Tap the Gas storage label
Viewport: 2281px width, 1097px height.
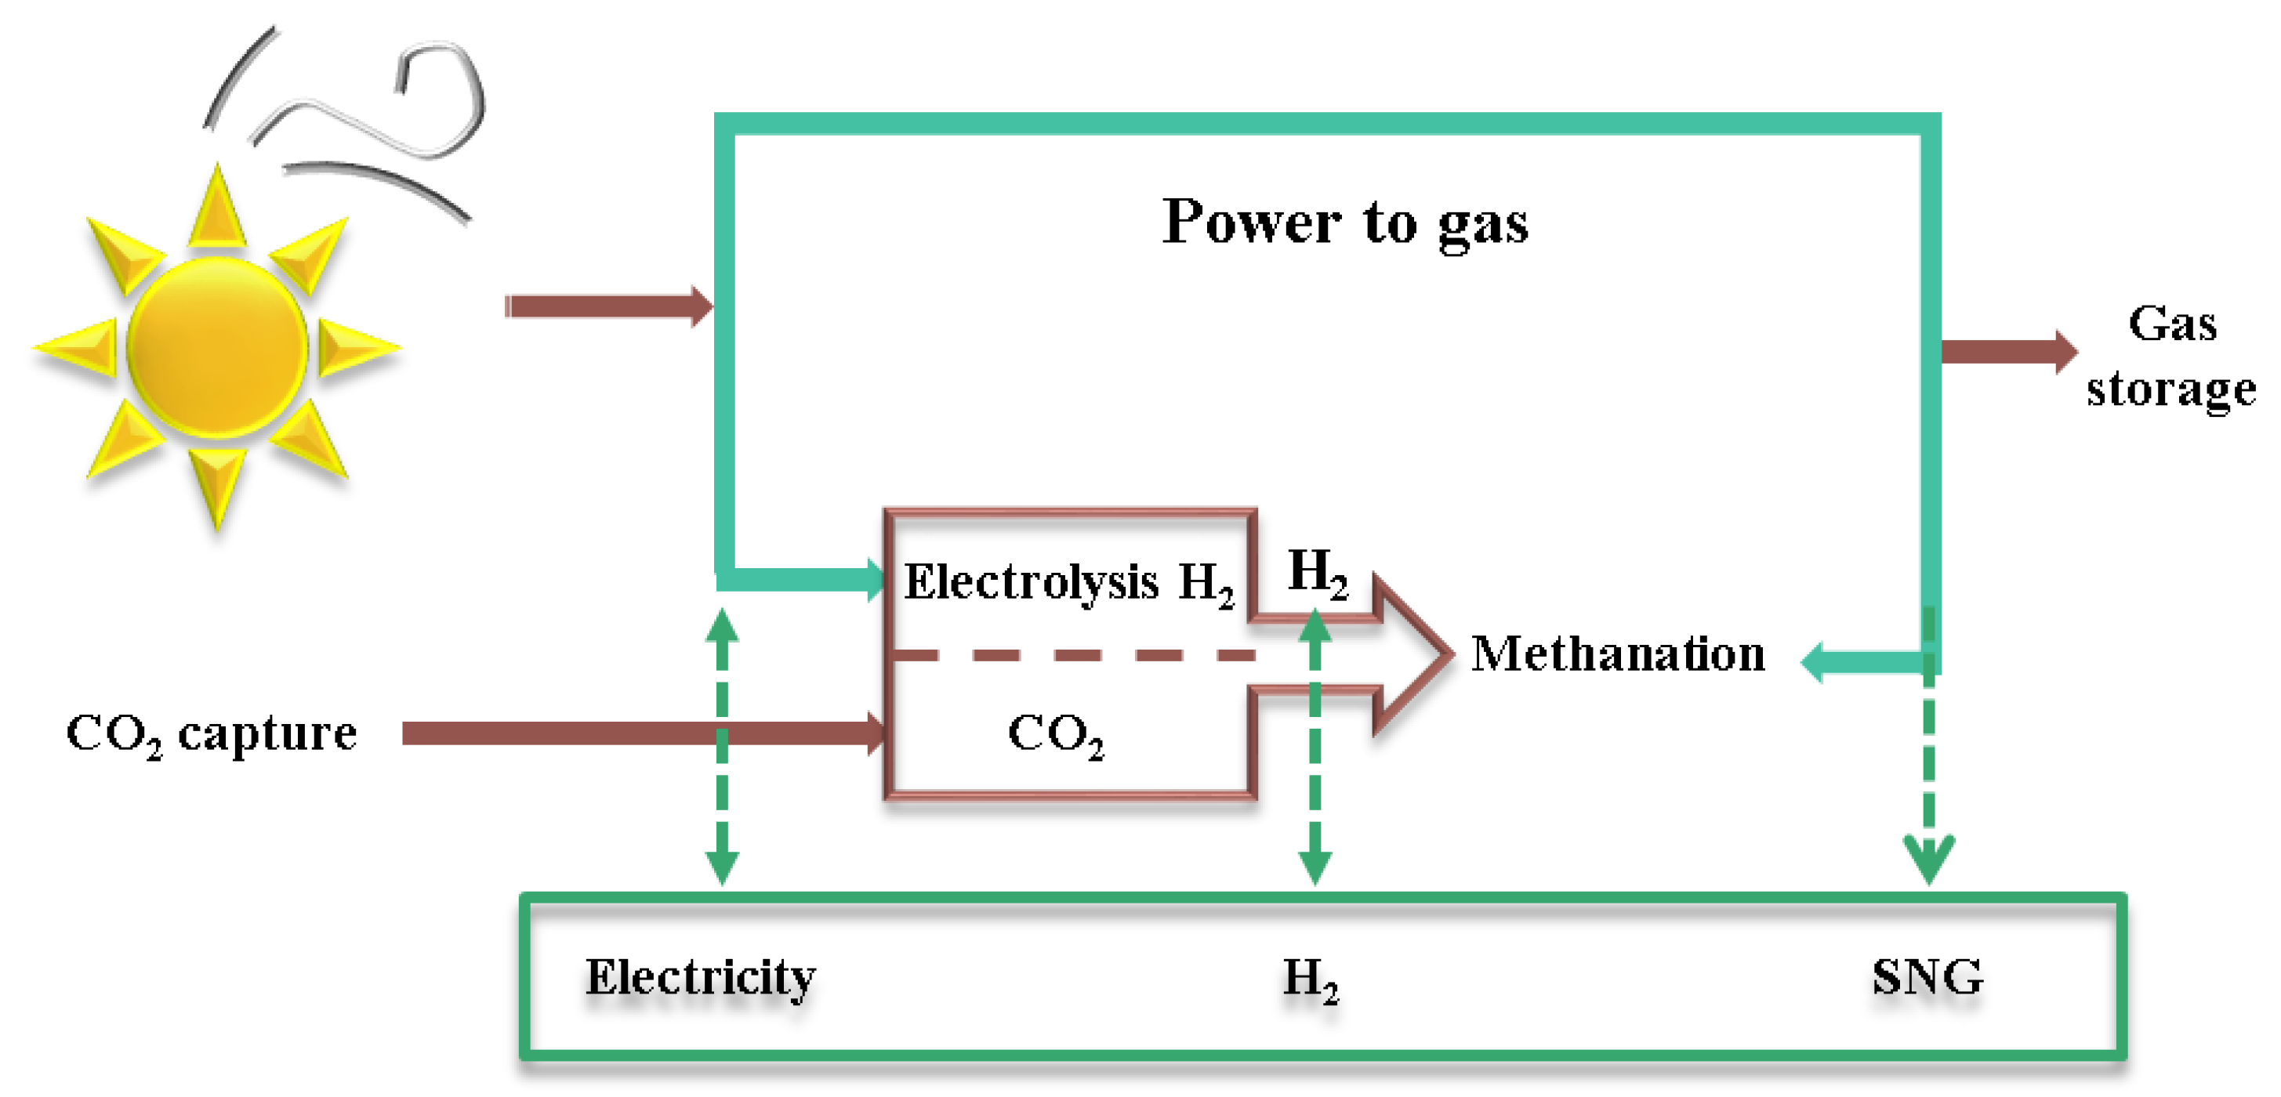(2171, 356)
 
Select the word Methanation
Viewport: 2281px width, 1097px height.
(1618, 654)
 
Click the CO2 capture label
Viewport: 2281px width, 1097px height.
(212, 733)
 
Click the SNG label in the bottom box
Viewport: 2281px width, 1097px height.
(1927, 977)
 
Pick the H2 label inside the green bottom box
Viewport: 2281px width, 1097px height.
(1311, 979)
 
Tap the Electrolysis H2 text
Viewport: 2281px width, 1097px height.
(1068, 583)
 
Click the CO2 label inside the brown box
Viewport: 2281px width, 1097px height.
(1056, 734)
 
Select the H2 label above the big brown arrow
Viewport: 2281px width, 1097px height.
(1318, 572)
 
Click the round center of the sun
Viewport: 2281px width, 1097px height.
(217, 348)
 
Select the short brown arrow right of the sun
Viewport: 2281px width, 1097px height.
(609, 306)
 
